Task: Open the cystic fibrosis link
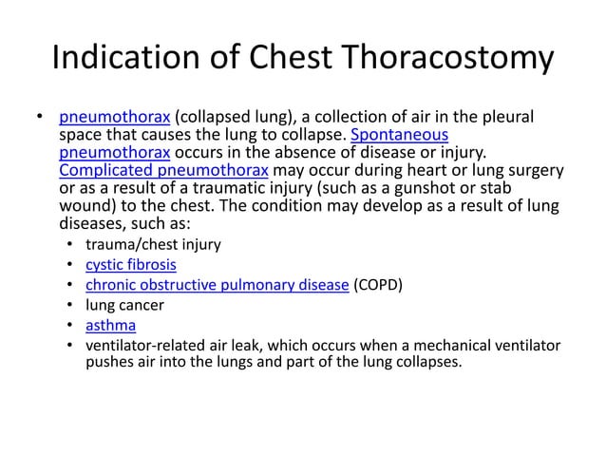pos(131,265)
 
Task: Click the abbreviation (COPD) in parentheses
pos(379,285)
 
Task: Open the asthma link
pos(110,325)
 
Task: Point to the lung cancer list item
pos(124,305)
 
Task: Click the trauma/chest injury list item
pos(153,244)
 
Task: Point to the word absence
pos(284,152)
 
